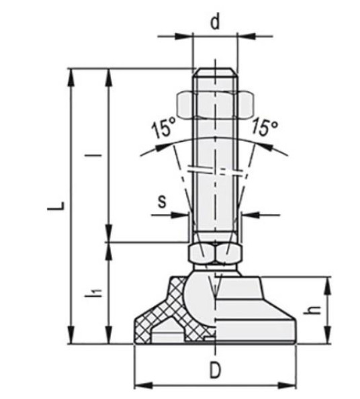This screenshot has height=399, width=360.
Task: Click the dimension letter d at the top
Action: tap(215, 22)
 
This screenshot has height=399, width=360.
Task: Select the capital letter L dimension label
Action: tap(56, 206)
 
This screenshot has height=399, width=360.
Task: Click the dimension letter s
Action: tap(161, 200)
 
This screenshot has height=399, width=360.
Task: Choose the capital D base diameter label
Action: tap(214, 371)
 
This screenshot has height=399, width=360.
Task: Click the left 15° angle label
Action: tap(163, 128)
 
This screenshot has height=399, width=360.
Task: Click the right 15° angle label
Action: tap(265, 127)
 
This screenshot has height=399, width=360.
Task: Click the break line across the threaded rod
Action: tap(214, 170)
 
